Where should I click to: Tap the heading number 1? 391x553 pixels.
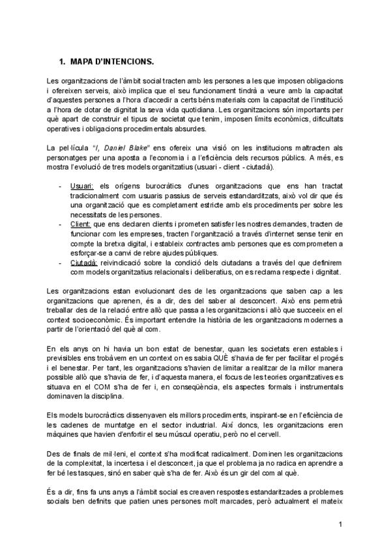pos(61,62)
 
